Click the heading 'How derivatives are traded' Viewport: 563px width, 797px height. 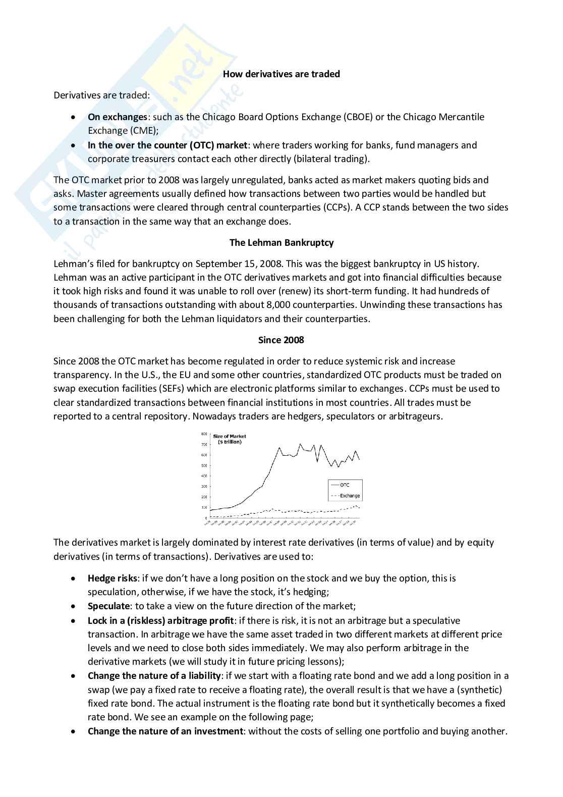(x=281, y=74)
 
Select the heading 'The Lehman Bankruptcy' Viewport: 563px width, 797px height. (x=281, y=243)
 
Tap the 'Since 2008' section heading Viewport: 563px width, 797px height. (x=281, y=340)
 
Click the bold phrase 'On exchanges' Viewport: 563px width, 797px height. (x=117, y=117)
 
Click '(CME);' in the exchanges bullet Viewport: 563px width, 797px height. (x=144, y=131)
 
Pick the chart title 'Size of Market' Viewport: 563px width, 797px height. (x=230, y=436)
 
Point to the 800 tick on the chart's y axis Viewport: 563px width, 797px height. (x=204, y=434)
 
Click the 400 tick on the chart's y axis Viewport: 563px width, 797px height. (x=204, y=476)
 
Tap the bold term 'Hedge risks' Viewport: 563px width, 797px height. (x=112, y=578)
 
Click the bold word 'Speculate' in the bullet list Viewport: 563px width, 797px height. (x=108, y=606)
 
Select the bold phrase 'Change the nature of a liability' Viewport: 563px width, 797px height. (x=154, y=676)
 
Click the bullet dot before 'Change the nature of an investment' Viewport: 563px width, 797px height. (x=74, y=731)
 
